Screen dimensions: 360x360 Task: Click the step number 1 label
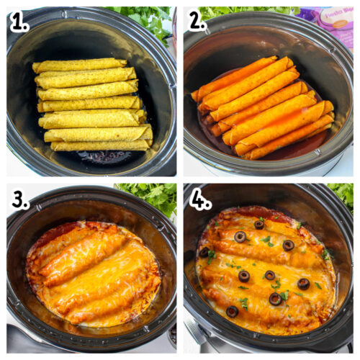tap(19, 22)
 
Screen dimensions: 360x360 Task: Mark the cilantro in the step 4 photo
tap(341, 192)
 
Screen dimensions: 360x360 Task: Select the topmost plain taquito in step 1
tap(79, 66)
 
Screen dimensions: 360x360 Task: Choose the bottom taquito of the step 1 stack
tap(101, 145)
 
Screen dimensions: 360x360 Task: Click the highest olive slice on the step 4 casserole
tap(259, 225)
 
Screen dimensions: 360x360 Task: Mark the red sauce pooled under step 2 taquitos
tap(295, 150)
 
